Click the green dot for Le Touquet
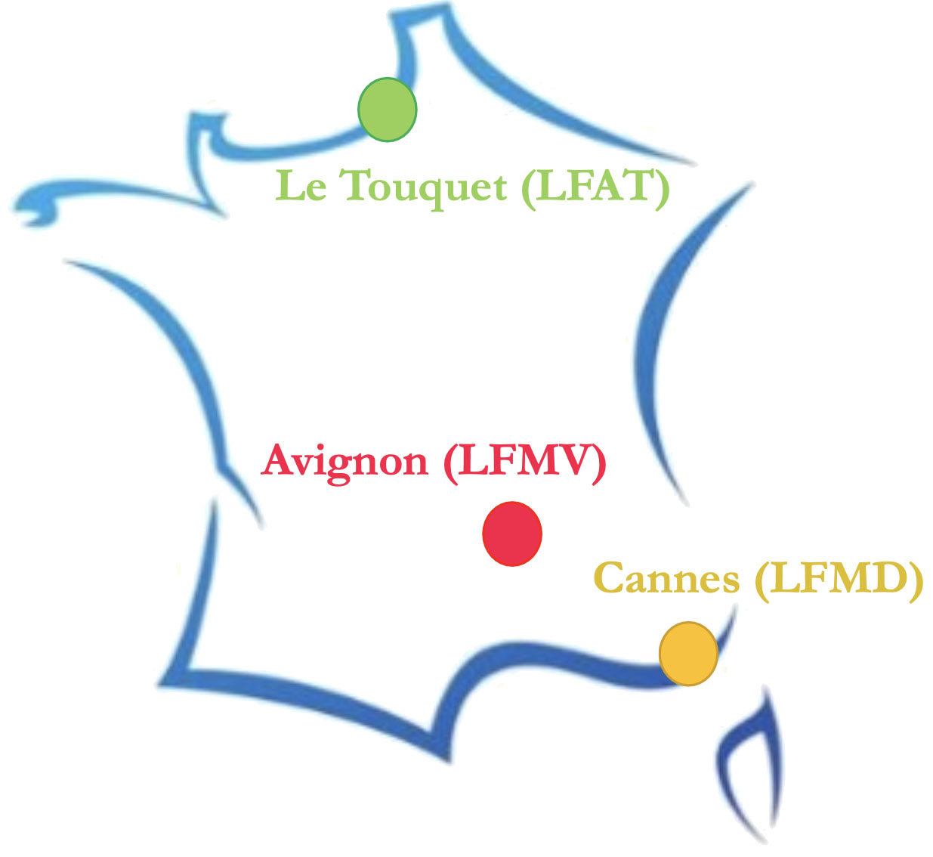tap(387, 110)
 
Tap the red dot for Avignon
tap(512, 534)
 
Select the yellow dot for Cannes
tap(688, 654)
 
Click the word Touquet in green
tap(425, 187)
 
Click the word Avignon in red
tap(345, 461)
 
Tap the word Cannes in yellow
tap(667, 579)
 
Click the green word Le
tap(301, 186)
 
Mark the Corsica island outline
tap(748, 763)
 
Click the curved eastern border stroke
tap(657, 340)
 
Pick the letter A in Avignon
tap(279, 460)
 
